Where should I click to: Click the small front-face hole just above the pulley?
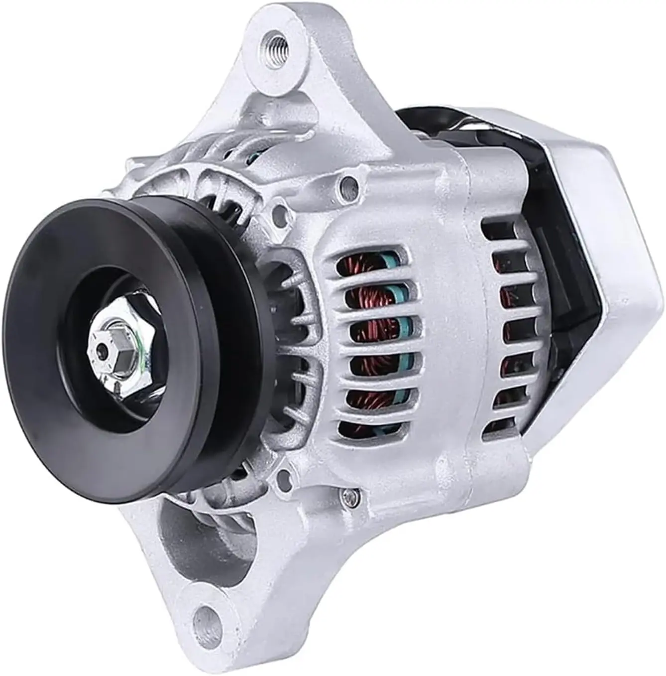click(x=283, y=214)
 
